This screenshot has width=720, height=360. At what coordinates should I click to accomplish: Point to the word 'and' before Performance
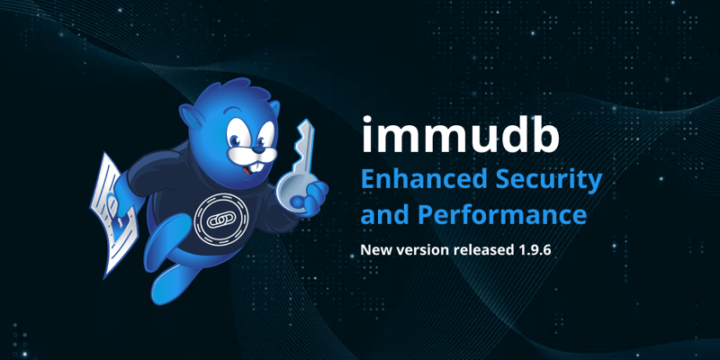385,216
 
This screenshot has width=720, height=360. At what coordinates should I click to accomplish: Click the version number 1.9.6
532,248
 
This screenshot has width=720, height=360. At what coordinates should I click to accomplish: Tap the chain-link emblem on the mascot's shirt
219,218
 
